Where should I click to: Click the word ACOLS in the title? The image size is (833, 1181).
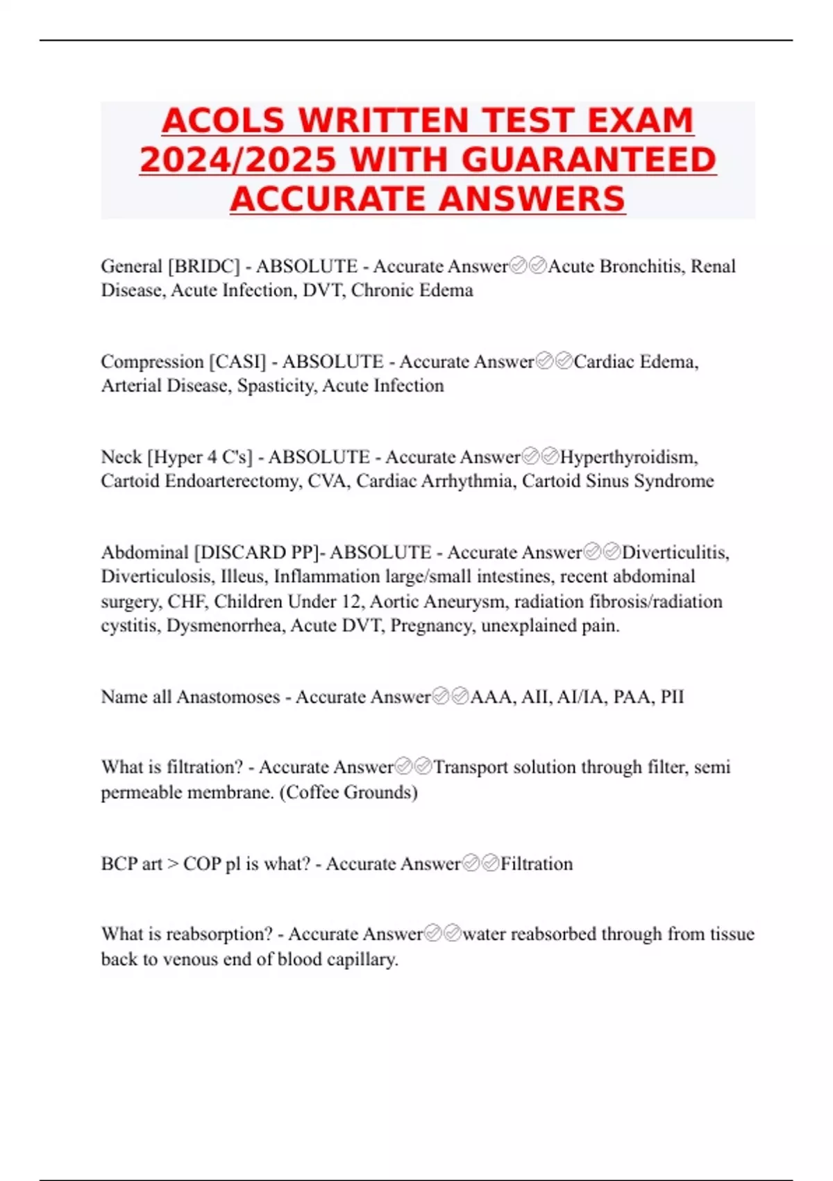223,121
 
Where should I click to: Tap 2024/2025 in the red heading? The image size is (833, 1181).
237,160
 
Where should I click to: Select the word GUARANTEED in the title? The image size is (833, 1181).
589,160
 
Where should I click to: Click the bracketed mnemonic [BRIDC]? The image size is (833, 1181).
203,266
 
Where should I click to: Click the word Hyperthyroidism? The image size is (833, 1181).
628,457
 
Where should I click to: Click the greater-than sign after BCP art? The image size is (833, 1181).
172,864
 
